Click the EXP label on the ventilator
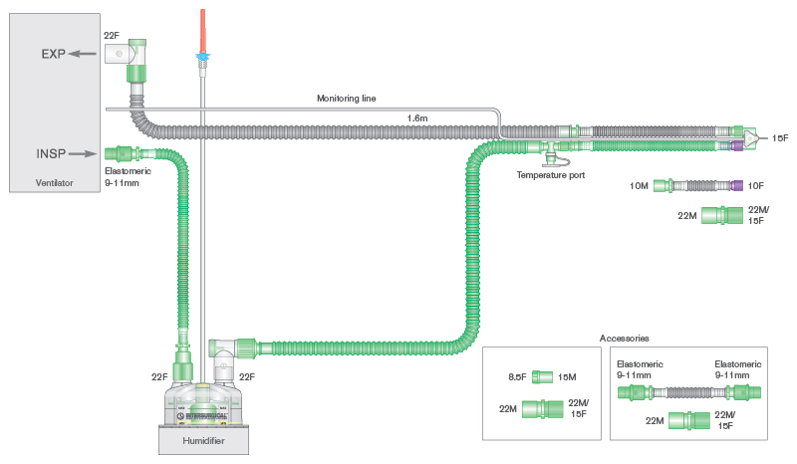[x=54, y=54]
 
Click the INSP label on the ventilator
[x=53, y=153]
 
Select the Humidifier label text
[x=202, y=438]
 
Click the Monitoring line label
[x=347, y=98]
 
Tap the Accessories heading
[x=625, y=339]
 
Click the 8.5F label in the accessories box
[x=516, y=376]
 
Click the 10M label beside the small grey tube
[x=640, y=185]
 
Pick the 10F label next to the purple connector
[x=756, y=185]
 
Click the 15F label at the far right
[x=779, y=137]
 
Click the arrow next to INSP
[x=83, y=153]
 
